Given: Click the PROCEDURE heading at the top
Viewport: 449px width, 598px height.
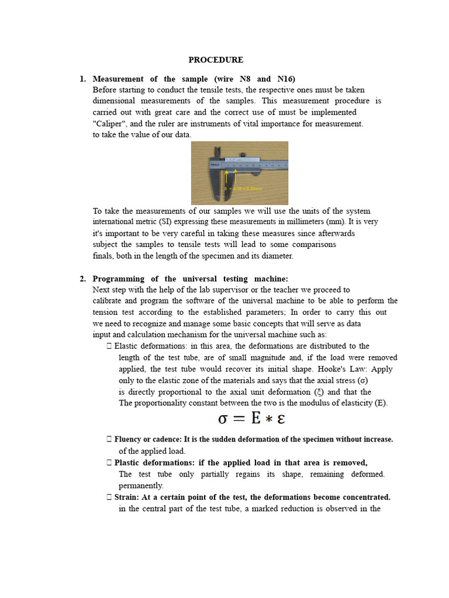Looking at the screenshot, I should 216,60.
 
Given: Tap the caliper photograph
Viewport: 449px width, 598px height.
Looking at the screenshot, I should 240,173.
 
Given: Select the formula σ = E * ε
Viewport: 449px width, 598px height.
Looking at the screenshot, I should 251,420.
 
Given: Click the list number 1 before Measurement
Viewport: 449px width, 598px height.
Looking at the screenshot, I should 82,79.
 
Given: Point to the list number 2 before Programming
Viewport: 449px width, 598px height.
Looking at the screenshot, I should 82,279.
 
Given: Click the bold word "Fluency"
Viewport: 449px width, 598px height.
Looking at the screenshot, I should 130,439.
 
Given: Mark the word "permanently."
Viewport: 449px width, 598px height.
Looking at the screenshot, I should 141,486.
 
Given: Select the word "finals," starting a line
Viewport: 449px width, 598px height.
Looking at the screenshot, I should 105,256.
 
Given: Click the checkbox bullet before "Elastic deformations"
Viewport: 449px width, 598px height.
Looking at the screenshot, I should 110,346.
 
